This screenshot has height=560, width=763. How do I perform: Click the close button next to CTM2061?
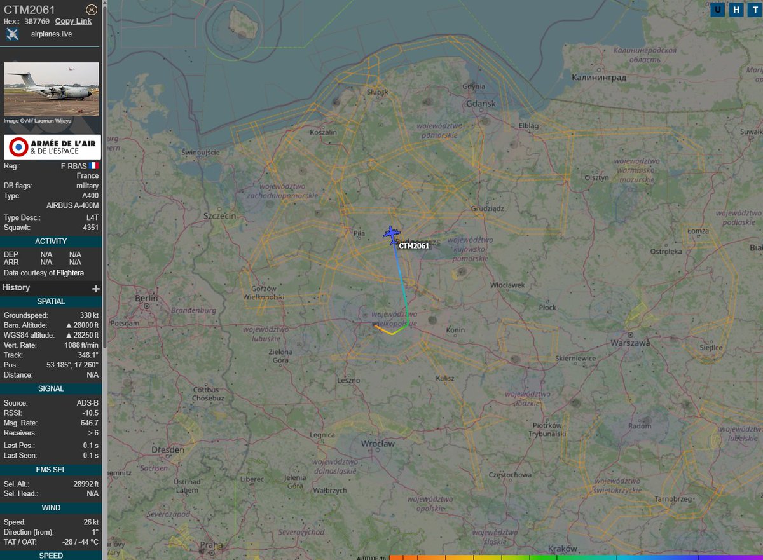[92, 10]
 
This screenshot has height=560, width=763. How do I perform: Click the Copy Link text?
[73, 21]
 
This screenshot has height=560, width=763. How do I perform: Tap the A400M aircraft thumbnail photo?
[52, 89]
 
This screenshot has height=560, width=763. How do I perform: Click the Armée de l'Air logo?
[52, 147]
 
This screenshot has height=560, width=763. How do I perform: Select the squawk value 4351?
[90, 228]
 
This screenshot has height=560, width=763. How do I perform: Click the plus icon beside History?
[96, 289]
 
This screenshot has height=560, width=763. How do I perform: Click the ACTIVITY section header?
[51, 242]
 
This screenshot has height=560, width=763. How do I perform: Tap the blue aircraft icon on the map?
[391, 235]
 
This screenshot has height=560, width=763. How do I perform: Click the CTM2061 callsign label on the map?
[414, 246]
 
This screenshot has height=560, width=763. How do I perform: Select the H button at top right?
[736, 10]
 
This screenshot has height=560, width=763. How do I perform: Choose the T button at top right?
[754, 10]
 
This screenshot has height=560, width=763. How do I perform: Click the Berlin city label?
[146, 298]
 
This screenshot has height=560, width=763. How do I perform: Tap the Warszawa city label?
[630, 343]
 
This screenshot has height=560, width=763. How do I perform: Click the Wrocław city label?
[378, 443]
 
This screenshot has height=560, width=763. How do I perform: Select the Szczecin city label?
[219, 216]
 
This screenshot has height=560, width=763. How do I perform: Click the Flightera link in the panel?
[70, 273]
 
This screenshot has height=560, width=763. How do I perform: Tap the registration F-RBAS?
[74, 166]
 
